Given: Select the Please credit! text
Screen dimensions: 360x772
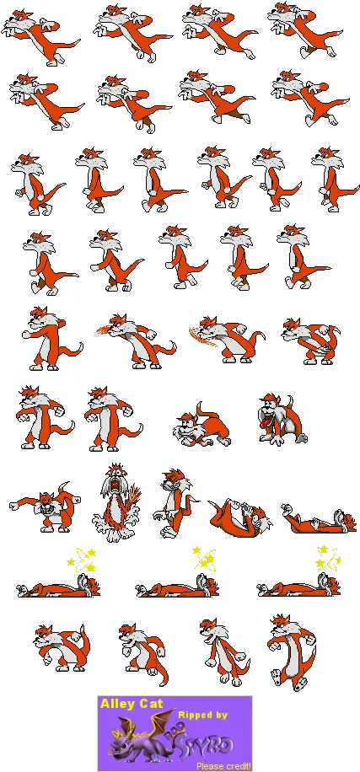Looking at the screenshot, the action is (x=223, y=766).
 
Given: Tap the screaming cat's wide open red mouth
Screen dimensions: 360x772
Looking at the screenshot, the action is (x=116, y=486).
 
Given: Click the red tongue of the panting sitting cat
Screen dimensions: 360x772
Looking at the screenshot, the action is (x=266, y=423).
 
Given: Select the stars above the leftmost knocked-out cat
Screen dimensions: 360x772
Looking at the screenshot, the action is (x=82, y=560).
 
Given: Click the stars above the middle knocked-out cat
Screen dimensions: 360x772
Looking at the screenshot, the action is (x=203, y=560).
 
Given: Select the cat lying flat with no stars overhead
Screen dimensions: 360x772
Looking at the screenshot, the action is (x=320, y=521).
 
